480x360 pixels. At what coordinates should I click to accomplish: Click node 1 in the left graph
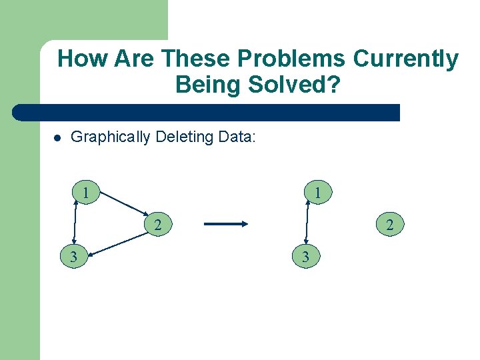click(86, 193)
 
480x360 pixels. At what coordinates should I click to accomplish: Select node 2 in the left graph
click(157, 225)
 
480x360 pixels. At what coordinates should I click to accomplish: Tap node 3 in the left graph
click(73, 256)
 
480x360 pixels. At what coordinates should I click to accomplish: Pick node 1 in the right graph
click(319, 193)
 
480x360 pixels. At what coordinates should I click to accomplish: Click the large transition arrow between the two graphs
click(225, 225)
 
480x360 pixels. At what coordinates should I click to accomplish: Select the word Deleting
click(185, 137)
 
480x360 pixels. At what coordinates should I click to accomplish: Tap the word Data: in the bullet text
click(237, 137)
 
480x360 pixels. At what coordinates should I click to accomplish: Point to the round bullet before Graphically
click(58, 139)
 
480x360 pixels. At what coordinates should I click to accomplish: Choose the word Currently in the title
click(405, 59)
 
